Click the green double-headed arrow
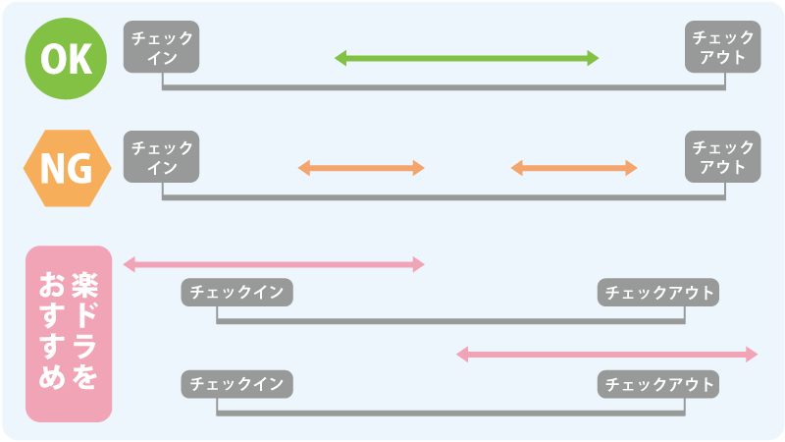(466, 59)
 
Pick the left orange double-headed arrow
(361, 168)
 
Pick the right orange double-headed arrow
(574, 168)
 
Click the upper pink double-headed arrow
(273, 263)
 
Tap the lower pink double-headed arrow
(607, 354)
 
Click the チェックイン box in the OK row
(162, 47)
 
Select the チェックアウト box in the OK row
(723, 47)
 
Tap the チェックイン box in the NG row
(162, 156)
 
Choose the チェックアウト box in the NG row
(723, 156)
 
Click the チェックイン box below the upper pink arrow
(237, 293)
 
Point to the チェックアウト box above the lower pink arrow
(657, 293)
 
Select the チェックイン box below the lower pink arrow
(237, 383)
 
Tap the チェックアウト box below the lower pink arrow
(657, 383)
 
